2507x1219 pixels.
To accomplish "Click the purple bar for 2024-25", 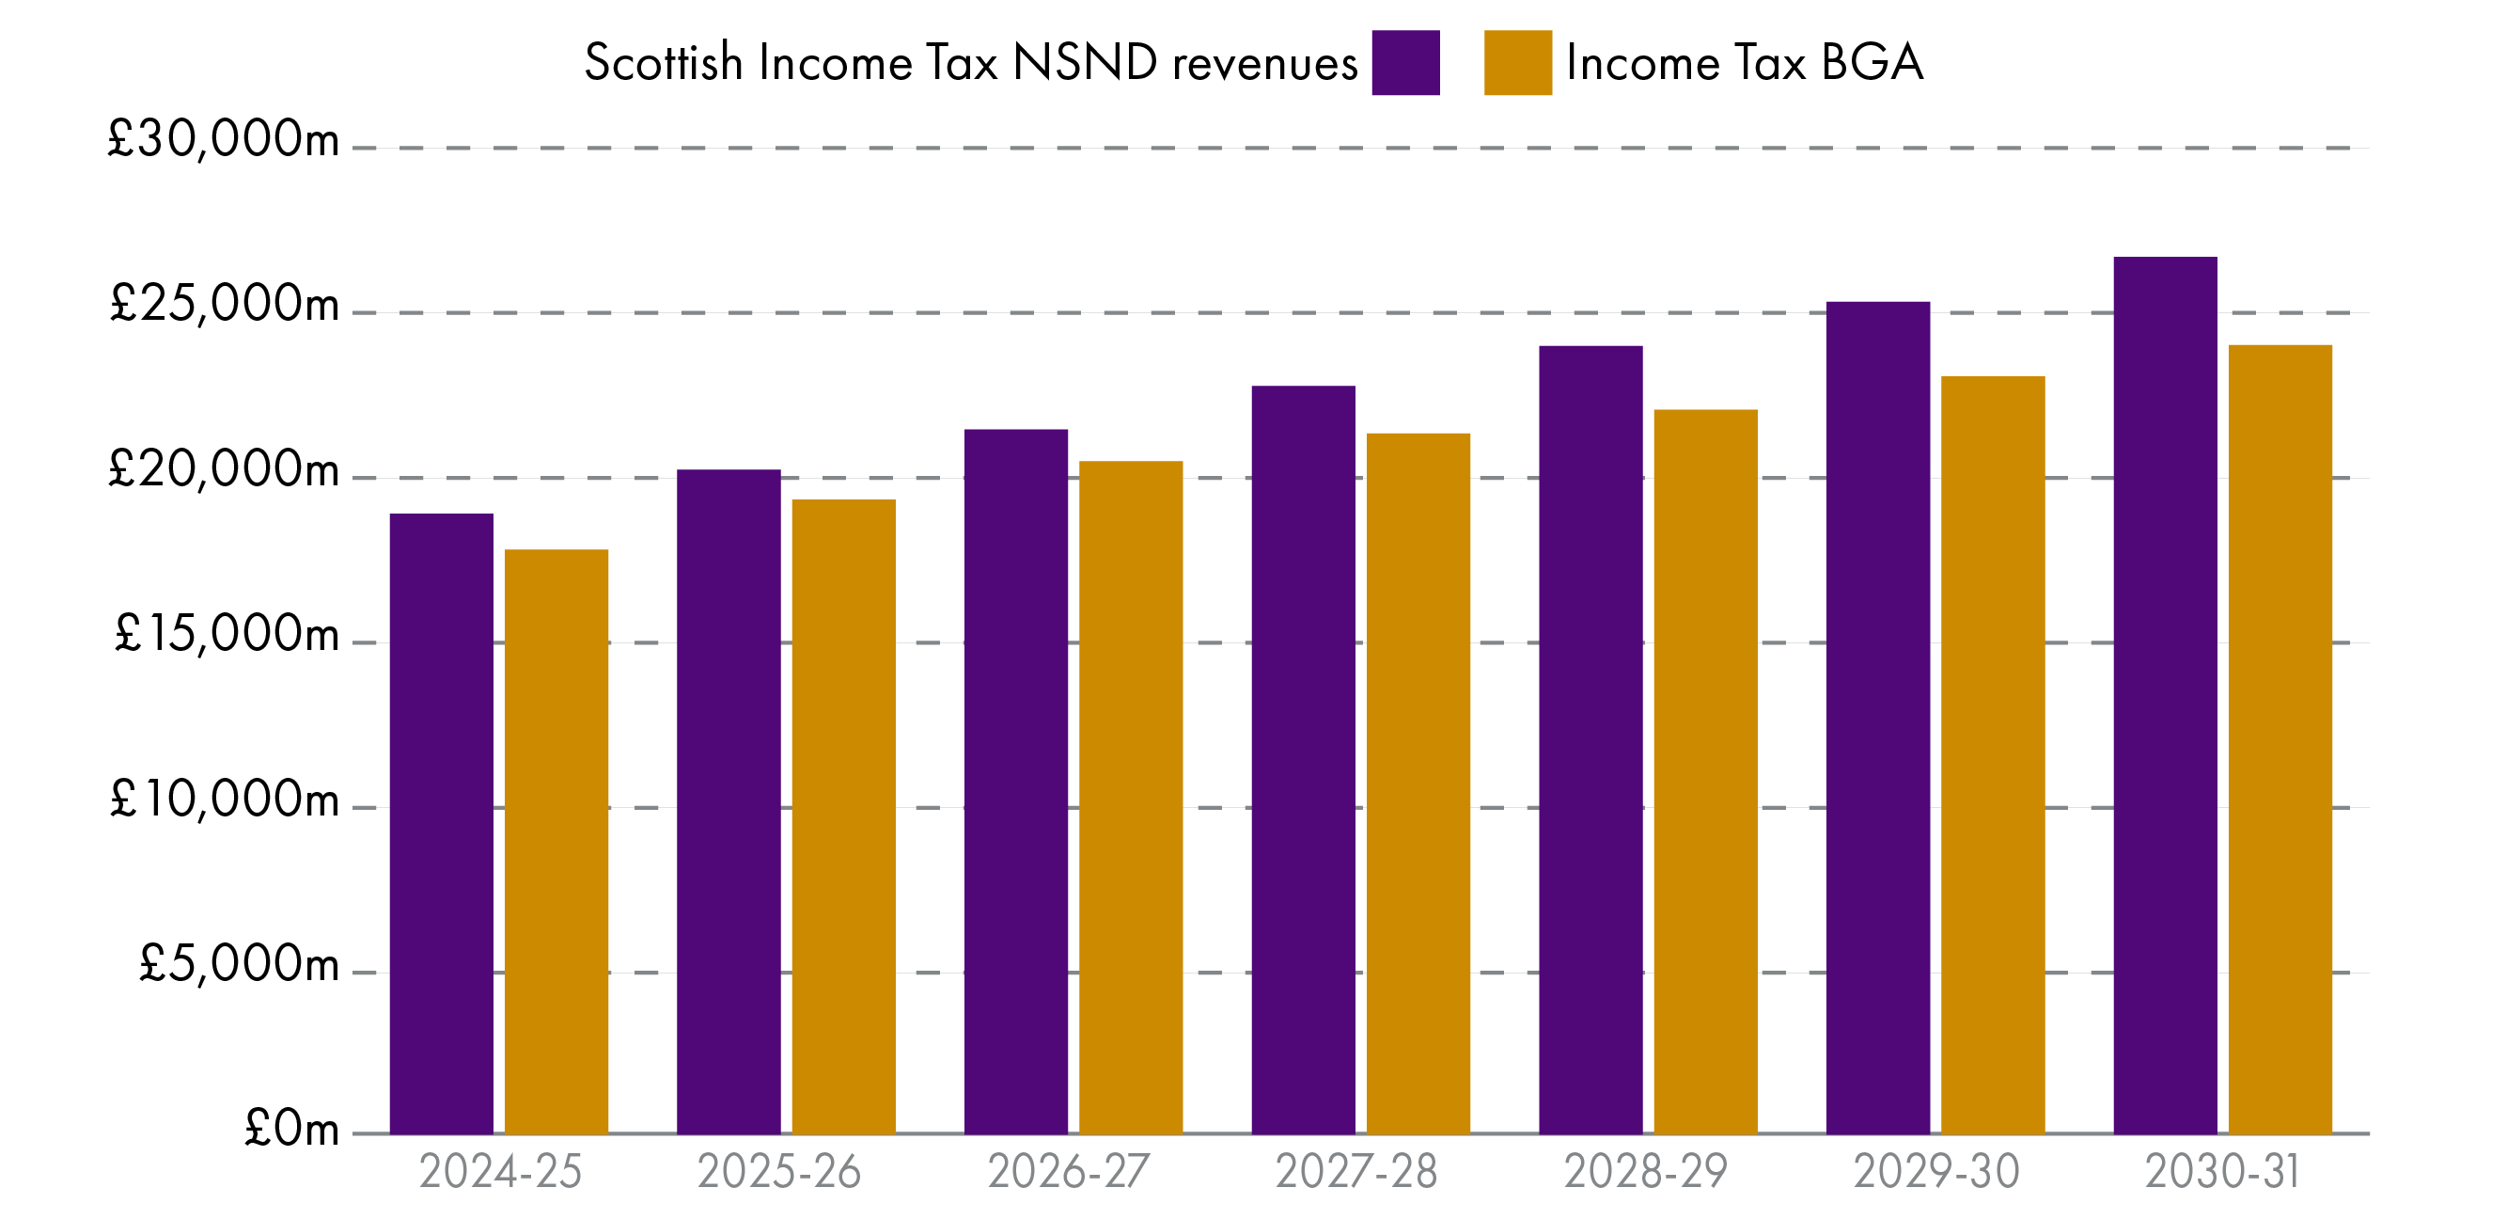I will [441, 823].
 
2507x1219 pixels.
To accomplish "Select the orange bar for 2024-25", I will [556, 841].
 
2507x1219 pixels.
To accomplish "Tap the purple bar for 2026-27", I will [1015, 781].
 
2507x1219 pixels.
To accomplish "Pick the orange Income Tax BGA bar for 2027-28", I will [1417, 783].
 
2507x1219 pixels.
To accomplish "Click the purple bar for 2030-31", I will [2165, 695].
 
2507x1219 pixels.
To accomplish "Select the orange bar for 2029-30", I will [1992, 754].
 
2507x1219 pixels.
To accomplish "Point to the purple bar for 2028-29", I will [1590, 740].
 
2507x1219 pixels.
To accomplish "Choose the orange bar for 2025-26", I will [843, 815].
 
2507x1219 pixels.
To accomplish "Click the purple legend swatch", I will [1405, 62].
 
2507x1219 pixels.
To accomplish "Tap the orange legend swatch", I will [1517, 62].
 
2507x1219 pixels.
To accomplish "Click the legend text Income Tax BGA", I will [1744, 62].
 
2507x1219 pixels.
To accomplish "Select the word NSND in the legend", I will [1084, 62].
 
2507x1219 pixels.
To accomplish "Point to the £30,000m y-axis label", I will [224, 139].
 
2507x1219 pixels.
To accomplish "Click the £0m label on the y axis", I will [291, 1130].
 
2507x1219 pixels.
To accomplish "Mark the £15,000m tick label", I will [227, 635].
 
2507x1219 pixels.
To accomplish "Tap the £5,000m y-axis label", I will [239, 964].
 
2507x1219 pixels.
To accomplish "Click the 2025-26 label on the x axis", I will [778, 1171].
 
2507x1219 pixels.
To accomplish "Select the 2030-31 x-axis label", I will [2222, 1171].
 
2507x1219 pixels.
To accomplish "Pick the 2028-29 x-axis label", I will [1645, 1171].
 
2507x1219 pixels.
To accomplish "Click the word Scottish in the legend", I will [663, 62].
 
